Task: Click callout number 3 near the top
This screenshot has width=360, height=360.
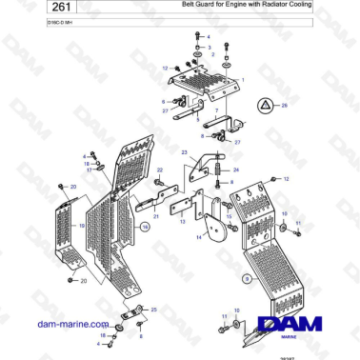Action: [x=210, y=47]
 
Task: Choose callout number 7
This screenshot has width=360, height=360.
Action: [x=215, y=110]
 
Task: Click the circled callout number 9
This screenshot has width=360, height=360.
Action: [x=246, y=279]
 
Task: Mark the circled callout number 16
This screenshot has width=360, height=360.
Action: [x=146, y=228]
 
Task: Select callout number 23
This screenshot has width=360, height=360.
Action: [x=184, y=152]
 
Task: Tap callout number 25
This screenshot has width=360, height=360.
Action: [x=155, y=310]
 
